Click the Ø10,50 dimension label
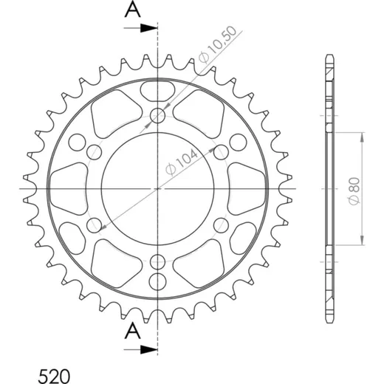pyautogui.click(x=218, y=44)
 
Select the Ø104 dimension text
pyautogui.click(x=182, y=162)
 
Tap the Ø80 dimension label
pyautogui.click(x=354, y=191)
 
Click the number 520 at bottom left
pyautogui.click(x=54, y=376)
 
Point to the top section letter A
pyautogui.click(x=133, y=10)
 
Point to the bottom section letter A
pyautogui.click(x=133, y=331)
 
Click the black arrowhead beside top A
pyautogui.click(x=148, y=28)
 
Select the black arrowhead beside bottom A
pyautogui.click(x=148, y=349)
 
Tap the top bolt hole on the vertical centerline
pyautogui.click(x=157, y=115)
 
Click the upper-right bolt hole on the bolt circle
pyautogui.click(x=221, y=152)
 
